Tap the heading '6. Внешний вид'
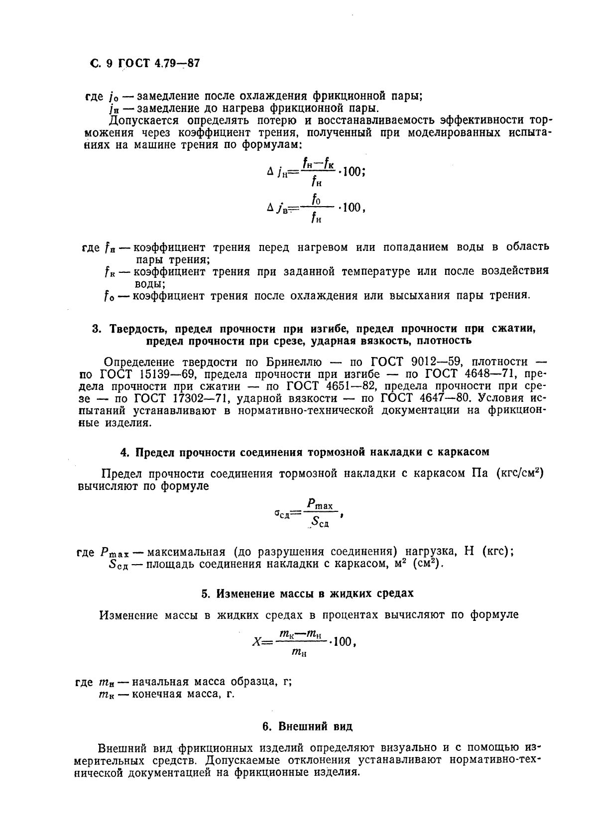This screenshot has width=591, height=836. point(307,726)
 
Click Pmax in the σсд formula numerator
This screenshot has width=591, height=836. point(319,504)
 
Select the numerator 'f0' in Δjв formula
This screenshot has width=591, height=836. point(316,200)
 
